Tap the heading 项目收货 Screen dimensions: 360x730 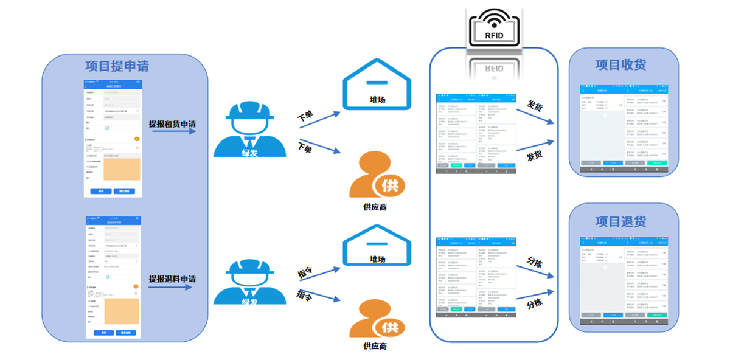[621, 65]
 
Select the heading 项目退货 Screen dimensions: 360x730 [621, 221]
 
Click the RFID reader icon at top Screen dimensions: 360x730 [494, 27]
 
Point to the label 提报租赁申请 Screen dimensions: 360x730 [172, 124]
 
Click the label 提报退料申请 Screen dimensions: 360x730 [172, 279]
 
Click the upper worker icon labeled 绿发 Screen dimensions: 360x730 [249, 130]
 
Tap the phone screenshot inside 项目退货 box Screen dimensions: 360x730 [624, 283]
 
